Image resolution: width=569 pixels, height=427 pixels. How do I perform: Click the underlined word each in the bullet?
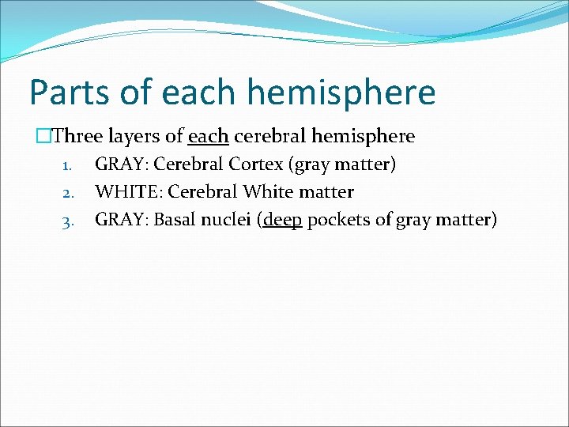click(x=209, y=136)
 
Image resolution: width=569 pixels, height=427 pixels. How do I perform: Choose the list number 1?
click(x=67, y=166)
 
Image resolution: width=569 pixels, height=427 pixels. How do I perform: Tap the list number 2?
click(x=67, y=193)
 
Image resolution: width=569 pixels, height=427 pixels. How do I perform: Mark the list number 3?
click(x=67, y=221)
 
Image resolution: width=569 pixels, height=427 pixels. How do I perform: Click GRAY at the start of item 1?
click(x=120, y=164)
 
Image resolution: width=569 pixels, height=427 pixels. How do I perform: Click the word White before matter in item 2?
click(x=268, y=192)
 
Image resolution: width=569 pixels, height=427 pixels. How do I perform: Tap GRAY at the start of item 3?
click(x=120, y=219)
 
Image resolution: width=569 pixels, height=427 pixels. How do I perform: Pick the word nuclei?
click(x=228, y=219)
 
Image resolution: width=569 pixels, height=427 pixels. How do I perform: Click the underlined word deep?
click(x=283, y=220)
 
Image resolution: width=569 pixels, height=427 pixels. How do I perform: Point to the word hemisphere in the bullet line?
click(x=363, y=136)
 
